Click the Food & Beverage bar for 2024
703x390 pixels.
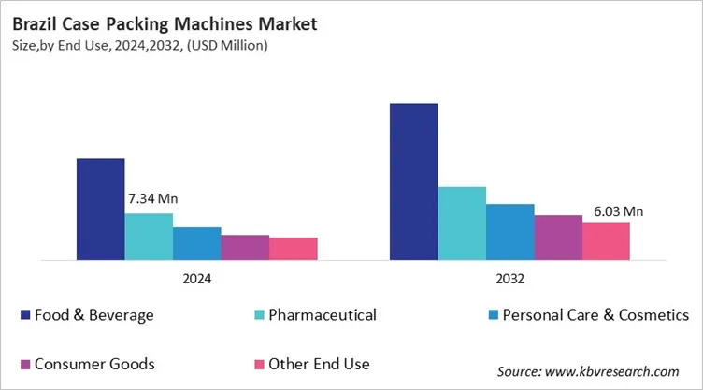coord(100,209)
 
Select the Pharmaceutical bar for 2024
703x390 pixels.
coord(149,236)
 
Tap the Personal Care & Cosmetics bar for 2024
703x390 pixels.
coord(197,243)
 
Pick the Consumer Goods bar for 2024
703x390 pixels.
coord(245,247)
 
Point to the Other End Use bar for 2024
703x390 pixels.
coord(294,249)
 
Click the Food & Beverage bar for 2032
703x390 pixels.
coord(414,181)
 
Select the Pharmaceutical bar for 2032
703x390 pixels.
coord(462,223)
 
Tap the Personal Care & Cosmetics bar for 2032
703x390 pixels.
coord(510,231)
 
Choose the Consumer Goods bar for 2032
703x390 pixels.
coord(558,237)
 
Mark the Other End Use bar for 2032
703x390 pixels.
coord(606,240)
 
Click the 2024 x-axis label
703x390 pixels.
coord(197,279)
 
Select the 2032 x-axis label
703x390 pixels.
coord(510,279)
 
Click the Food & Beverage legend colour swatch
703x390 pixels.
coord(24,315)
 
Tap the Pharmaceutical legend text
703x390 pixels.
coord(323,315)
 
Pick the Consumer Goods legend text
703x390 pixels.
coord(94,363)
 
